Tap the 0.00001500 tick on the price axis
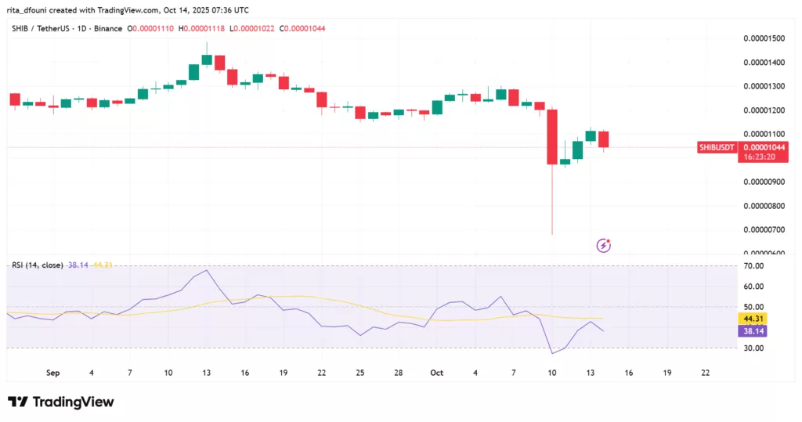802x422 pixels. click(x=766, y=38)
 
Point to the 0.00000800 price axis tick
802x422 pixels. click(x=766, y=206)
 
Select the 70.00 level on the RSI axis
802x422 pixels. click(x=754, y=266)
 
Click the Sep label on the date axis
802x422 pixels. click(x=53, y=373)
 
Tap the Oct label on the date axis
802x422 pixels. click(x=437, y=373)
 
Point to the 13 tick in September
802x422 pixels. click(x=207, y=373)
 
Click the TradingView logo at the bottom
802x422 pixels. click(x=61, y=402)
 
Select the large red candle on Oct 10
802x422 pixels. click(x=552, y=136)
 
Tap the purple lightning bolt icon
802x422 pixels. click(x=604, y=245)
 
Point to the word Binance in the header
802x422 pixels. click(x=107, y=29)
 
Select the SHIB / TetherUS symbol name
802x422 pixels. click(x=41, y=29)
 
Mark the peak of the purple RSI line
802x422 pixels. click(x=206, y=271)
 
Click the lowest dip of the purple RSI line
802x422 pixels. click(x=552, y=353)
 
